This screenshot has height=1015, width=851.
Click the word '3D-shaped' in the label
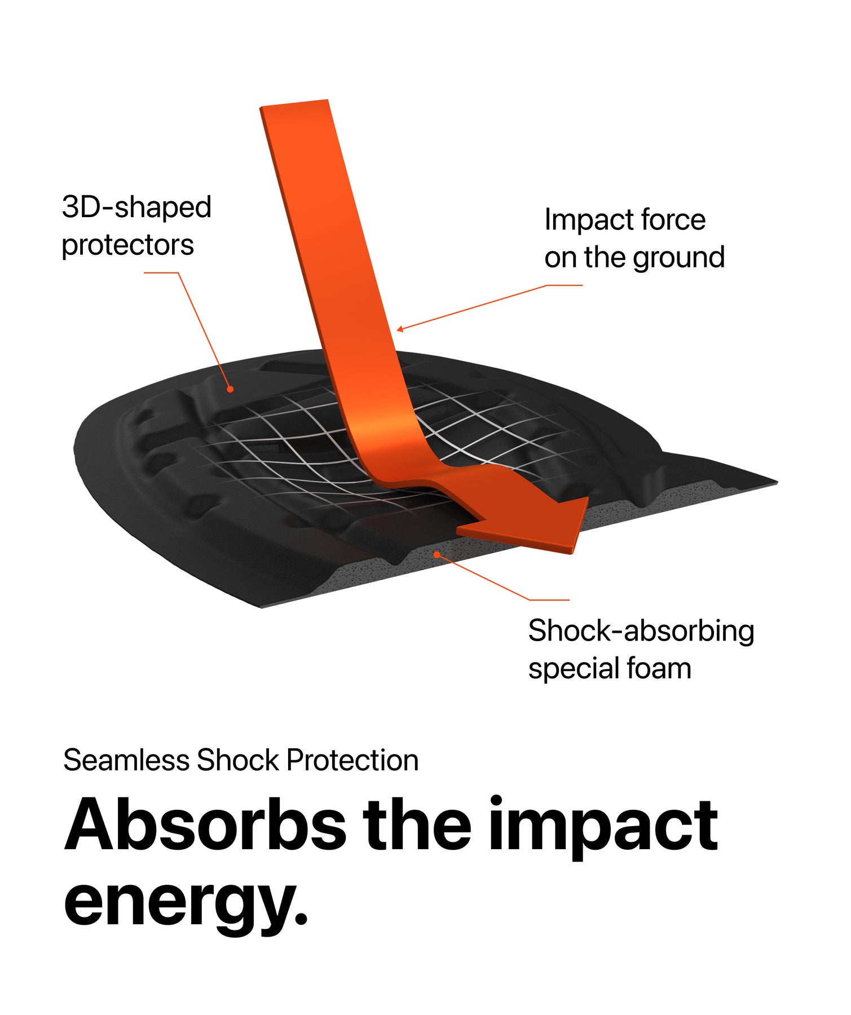pyautogui.click(x=136, y=208)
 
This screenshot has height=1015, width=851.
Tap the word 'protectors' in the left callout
pyautogui.click(x=128, y=246)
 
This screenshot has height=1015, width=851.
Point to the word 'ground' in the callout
pyautogui.click(x=678, y=258)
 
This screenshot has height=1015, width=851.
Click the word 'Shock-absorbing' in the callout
pyautogui.click(x=641, y=630)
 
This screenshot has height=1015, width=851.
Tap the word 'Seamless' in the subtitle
pyautogui.click(x=126, y=760)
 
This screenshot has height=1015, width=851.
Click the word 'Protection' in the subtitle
pyautogui.click(x=352, y=760)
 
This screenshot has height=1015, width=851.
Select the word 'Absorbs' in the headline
pyautogui.click(x=206, y=824)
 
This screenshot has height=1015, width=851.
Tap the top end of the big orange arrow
pyautogui.click(x=294, y=103)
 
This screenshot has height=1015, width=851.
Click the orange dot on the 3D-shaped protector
pyautogui.click(x=230, y=389)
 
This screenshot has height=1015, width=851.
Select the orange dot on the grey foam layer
pyautogui.click(x=436, y=555)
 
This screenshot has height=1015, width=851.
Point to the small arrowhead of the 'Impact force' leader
pyautogui.click(x=399, y=329)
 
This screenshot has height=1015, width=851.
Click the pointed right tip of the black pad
pyautogui.click(x=777, y=482)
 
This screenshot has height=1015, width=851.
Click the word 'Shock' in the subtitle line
pyautogui.click(x=238, y=760)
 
